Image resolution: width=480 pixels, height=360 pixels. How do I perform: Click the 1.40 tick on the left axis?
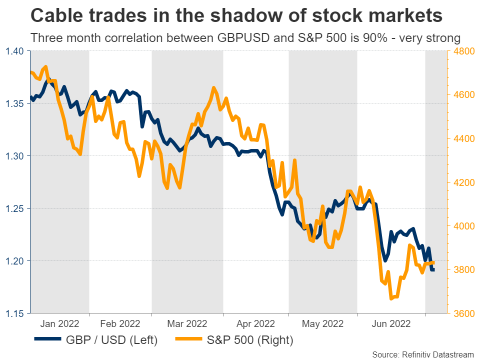(x=15, y=51)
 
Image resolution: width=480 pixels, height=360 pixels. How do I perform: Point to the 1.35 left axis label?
(x=15, y=103)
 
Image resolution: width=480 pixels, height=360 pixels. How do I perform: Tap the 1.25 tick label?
(x=15, y=208)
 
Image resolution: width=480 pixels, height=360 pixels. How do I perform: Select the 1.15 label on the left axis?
(x=15, y=313)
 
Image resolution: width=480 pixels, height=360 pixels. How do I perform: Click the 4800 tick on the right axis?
(x=461, y=51)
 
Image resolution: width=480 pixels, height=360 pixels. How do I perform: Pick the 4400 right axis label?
(x=461, y=138)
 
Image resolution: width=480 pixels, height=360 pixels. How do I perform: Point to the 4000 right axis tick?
(x=461, y=226)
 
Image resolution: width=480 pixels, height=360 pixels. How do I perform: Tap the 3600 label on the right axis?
(x=461, y=313)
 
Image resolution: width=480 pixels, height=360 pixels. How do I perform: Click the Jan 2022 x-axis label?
(x=60, y=323)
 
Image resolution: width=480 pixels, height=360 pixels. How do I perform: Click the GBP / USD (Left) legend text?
(x=112, y=340)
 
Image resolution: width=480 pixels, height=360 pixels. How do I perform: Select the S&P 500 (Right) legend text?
(x=250, y=340)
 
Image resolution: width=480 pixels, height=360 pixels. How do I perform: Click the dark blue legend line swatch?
(x=48, y=340)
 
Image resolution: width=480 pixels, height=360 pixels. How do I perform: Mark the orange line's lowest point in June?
(x=391, y=298)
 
